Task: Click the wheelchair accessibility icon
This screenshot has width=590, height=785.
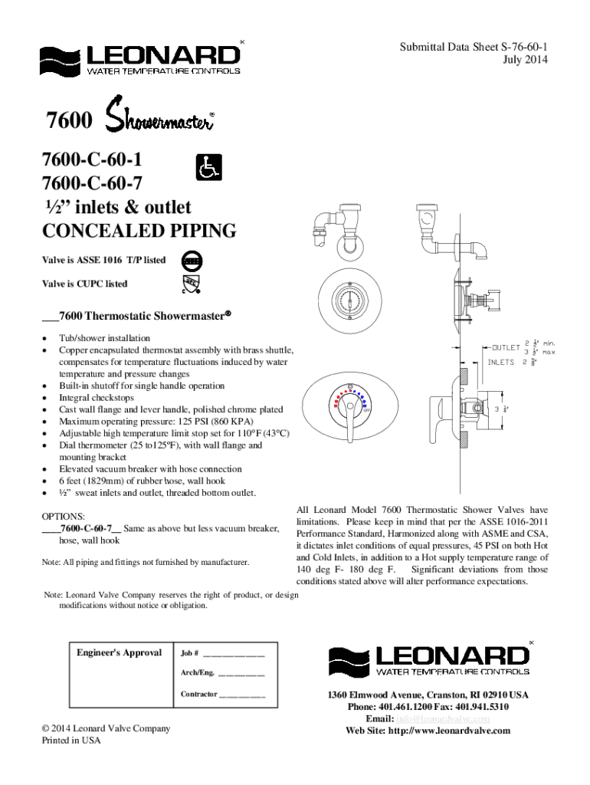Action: pos(207,168)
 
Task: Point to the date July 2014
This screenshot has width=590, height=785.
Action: pos(526,59)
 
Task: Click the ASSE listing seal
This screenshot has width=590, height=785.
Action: pos(192,261)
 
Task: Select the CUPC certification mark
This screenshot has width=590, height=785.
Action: pos(192,285)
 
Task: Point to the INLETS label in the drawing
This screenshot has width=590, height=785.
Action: pos(502,362)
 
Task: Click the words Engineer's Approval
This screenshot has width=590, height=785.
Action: pos(120,652)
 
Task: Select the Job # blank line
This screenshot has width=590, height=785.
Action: pos(233,655)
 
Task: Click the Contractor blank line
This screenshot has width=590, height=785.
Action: pos(241,695)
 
